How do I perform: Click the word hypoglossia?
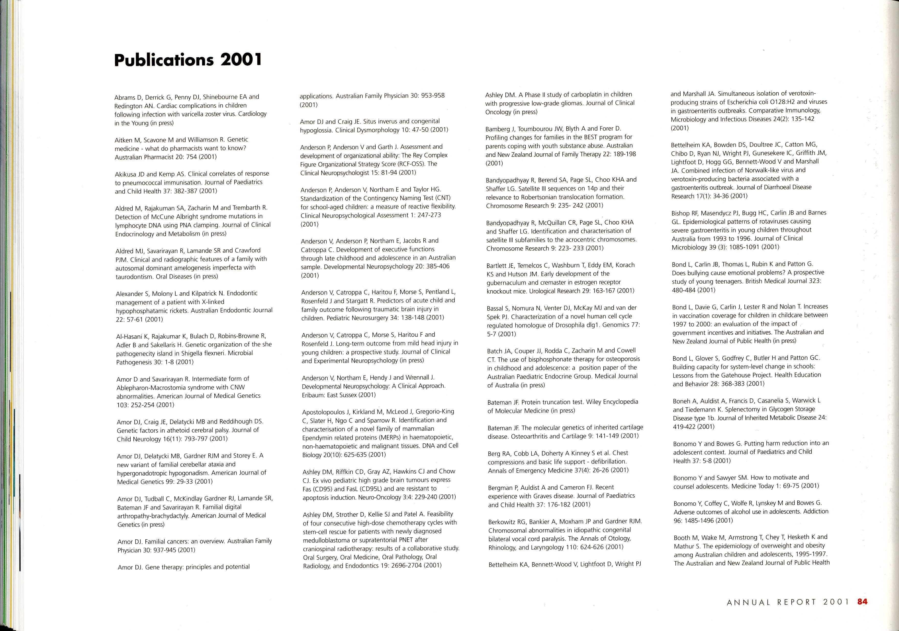point(316,130)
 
